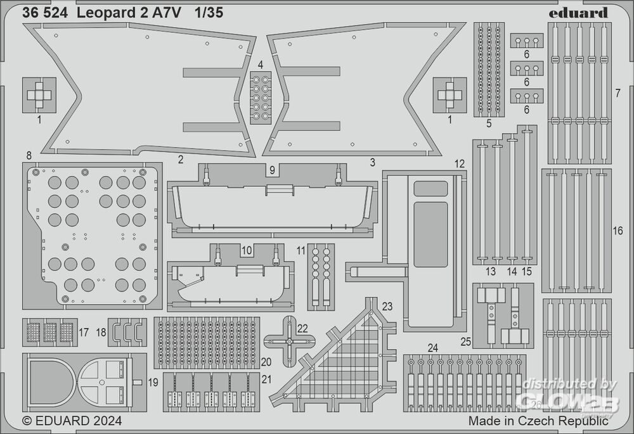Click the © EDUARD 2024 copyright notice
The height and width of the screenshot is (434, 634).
(x=72, y=420)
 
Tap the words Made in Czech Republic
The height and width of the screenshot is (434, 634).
(x=538, y=421)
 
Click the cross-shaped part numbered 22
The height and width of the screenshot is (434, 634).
(x=288, y=341)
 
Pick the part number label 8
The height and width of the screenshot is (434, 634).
(x=29, y=155)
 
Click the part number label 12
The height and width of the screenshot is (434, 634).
(x=460, y=163)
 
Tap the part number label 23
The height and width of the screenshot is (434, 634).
(x=387, y=306)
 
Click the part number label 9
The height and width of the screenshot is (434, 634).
(x=271, y=170)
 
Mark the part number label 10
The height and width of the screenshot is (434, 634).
(x=247, y=250)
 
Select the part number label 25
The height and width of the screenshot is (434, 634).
(x=466, y=343)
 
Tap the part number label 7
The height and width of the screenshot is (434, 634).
(x=617, y=94)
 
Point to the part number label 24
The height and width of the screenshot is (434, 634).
(x=433, y=347)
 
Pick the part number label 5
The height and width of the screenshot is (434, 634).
(x=489, y=124)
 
